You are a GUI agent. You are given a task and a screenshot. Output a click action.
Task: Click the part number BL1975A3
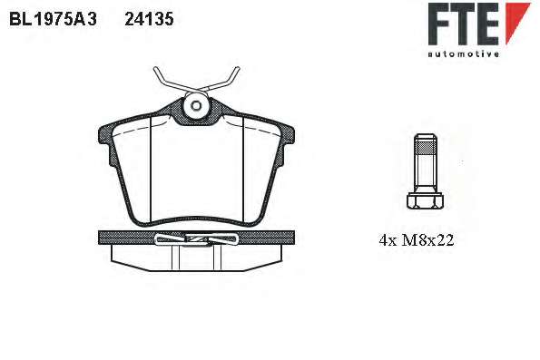coord(53,19)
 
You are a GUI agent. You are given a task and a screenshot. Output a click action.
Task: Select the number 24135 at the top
coord(149,19)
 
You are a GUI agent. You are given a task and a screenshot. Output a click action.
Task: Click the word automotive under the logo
coord(464,54)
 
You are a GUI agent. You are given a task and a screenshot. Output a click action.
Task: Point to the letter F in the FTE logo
coord(441,24)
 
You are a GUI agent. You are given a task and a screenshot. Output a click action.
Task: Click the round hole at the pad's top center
coord(196,106)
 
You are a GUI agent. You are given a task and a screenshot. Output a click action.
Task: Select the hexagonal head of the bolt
coord(425,200)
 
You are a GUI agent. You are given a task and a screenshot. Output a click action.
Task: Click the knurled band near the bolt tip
coord(426,148)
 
